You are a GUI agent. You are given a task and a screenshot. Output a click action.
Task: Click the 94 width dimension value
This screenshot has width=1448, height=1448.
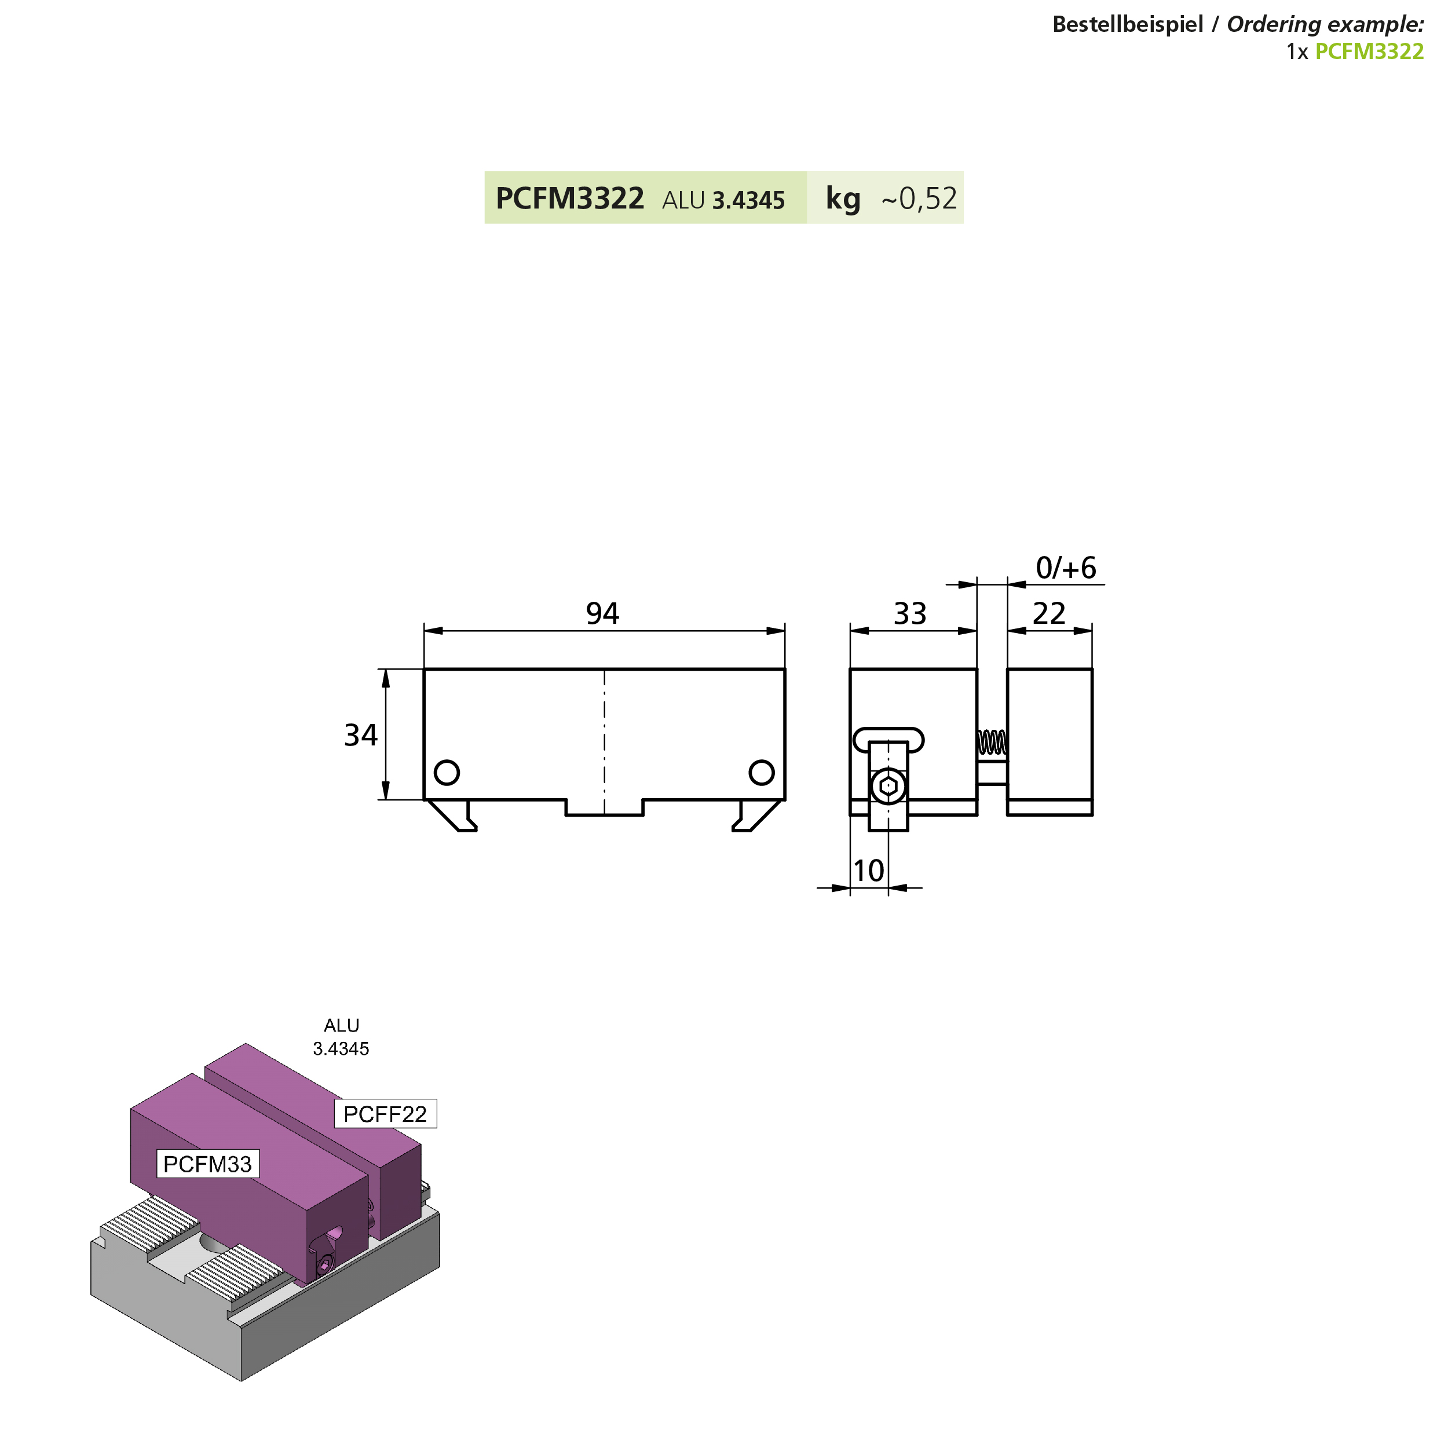(x=602, y=614)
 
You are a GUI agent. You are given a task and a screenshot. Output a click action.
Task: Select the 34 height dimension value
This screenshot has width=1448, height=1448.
(x=360, y=735)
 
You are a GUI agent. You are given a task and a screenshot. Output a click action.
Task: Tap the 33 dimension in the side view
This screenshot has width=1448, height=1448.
(x=910, y=614)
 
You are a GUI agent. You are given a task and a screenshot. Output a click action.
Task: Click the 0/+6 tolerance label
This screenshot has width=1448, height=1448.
(x=1065, y=568)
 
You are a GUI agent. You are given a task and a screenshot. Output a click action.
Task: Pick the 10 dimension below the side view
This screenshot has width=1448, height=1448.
(x=869, y=871)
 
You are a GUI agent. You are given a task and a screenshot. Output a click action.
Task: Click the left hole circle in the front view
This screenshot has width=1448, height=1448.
(x=447, y=773)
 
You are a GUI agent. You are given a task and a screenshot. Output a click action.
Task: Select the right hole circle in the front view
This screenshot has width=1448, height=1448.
(x=762, y=773)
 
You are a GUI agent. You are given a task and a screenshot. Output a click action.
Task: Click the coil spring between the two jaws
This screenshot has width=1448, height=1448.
(x=992, y=743)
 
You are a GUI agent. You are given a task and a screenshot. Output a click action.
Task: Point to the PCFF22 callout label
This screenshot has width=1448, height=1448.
(x=385, y=1114)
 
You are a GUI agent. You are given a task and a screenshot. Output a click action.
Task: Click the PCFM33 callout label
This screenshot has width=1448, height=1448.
(x=207, y=1164)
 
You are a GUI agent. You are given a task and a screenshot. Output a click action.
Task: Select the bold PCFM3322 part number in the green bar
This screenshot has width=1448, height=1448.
(x=569, y=199)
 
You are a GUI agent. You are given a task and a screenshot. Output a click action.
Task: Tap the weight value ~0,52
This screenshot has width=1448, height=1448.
(x=919, y=199)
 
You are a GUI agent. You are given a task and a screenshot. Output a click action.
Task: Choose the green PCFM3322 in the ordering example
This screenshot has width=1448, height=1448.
(x=1369, y=52)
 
